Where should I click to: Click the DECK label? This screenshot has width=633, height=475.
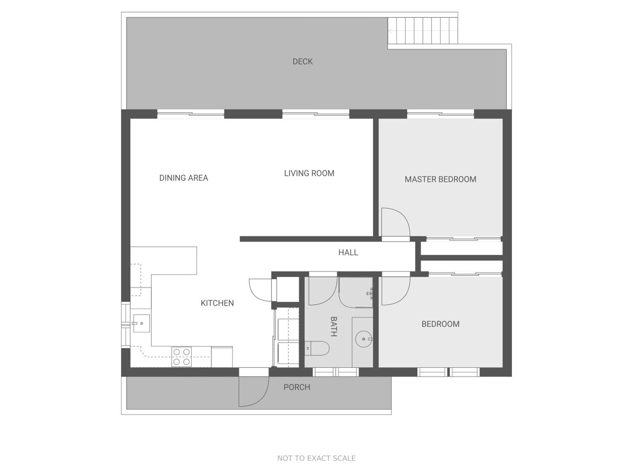pos(303,62)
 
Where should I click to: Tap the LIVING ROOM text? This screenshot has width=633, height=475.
pos(309,173)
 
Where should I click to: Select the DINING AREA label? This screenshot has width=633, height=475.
pos(183,178)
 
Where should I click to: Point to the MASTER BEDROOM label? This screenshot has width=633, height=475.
pos(440,179)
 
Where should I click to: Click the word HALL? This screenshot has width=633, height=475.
pos(348,252)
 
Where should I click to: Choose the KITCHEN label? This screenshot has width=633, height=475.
pos(217,303)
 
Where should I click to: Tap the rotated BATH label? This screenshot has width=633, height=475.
pos(334,326)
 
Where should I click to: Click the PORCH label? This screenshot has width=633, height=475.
pos(297,387)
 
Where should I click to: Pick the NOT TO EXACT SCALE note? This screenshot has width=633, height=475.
pos(316,458)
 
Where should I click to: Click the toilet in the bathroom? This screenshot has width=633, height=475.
pos(317,348)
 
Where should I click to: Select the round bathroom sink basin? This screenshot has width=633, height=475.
pos(364,339)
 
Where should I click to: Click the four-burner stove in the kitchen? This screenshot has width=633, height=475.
pos(181,357)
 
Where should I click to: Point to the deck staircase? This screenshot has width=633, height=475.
pos(423,31)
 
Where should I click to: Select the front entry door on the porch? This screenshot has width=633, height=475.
pos(254,391)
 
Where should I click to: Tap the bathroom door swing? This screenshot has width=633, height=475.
pos(323,291)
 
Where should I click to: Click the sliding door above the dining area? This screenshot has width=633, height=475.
pos(191,114)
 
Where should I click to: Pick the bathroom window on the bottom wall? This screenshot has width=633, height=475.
pos(335,372)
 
